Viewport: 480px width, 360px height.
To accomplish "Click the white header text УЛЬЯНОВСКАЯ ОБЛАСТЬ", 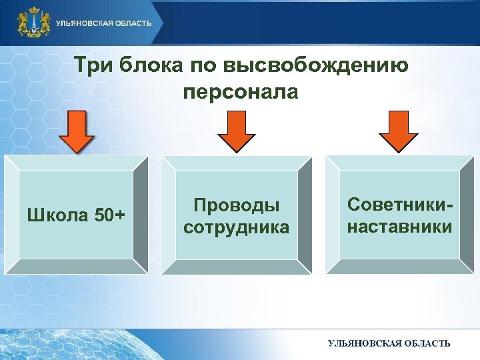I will [103, 23].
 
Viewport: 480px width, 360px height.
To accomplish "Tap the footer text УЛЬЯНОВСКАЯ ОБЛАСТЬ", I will [389, 343].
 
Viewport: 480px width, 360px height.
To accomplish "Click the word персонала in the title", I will [239, 91].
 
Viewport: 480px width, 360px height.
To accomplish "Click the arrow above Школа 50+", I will [76, 132].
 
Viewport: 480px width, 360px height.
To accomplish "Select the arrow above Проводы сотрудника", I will [237, 132].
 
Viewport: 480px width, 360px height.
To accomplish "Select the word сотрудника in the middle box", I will [236, 227].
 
